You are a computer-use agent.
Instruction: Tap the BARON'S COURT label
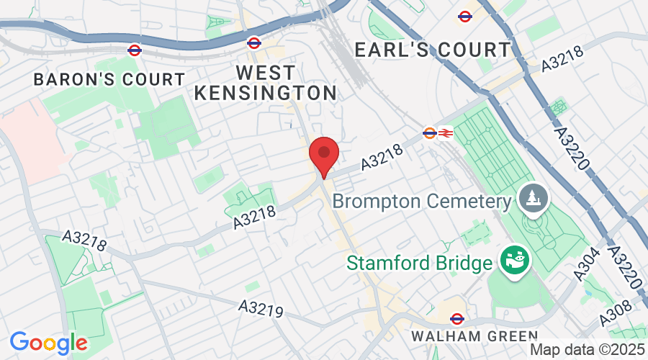[x=109, y=79]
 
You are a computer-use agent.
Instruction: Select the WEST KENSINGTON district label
[x=266, y=83]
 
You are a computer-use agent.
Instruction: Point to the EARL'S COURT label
[x=433, y=50]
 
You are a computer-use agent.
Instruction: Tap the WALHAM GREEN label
[x=474, y=336]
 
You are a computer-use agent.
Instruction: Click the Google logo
[x=48, y=343]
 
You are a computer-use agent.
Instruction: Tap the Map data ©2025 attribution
[x=588, y=350]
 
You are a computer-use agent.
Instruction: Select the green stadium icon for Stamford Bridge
[x=516, y=259]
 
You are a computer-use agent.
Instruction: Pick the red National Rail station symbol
[x=445, y=132]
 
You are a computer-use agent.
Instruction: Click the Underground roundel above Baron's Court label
[x=135, y=50]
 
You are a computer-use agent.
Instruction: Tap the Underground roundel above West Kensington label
[x=253, y=42]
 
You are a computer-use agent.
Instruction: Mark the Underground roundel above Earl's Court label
[x=464, y=16]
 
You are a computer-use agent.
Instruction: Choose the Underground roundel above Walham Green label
[x=456, y=318]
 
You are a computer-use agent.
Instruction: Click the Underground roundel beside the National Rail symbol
[x=429, y=132]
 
